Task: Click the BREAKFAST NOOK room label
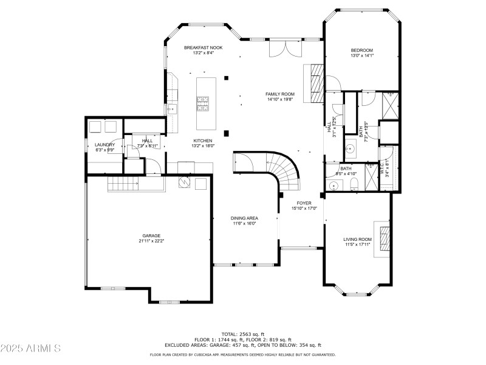(x=204, y=47)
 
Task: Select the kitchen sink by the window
(x=173, y=109)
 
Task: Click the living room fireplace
(x=384, y=239)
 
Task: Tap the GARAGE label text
(x=151, y=235)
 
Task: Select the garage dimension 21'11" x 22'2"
(x=151, y=241)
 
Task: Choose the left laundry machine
(x=96, y=127)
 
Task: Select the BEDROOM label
(x=361, y=50)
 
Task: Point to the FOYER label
(x=304, y=203)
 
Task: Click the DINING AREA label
(x=244, y=218)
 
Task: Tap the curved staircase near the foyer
(x=285, y=170)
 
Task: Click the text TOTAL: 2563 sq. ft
(x=244, y=334)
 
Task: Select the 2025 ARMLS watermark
(x=32, y=349)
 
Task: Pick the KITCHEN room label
(x=203, y=140)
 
